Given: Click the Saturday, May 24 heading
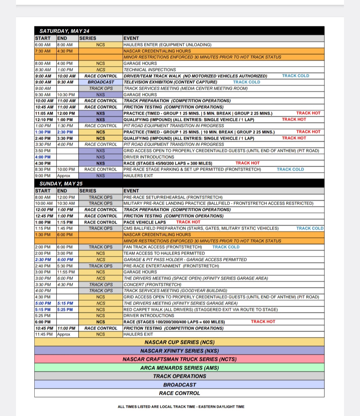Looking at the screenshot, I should point(64,31).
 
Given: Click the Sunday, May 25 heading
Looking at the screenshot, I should point(61,184).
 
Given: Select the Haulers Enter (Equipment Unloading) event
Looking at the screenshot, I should point(167,45).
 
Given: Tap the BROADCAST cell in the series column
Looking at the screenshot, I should point(101,82).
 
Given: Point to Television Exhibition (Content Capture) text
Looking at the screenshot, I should point(170,82).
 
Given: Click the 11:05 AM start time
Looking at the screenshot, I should point(44,113).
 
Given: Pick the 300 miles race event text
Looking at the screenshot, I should point(168,163).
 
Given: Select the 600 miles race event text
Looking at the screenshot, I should point(174,322).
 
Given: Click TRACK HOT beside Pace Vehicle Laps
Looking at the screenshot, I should point(188,222).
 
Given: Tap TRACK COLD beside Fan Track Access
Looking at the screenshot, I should point(226,247).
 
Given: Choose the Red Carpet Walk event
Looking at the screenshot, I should point(200,309).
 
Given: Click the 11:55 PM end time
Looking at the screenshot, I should point(66,272).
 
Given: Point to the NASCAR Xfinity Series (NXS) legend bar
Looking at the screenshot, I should point(179,351).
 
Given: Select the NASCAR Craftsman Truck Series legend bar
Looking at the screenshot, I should point(179,359).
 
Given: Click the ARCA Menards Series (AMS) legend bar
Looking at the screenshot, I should point(179,368).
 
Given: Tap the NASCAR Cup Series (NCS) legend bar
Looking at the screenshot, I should point(179,342).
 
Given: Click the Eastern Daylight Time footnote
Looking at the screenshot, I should point(181,407).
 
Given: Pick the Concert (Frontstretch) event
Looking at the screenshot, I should point(152,284).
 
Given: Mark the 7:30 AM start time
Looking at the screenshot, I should point(43,51).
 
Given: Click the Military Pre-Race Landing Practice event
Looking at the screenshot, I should point(218,203).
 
